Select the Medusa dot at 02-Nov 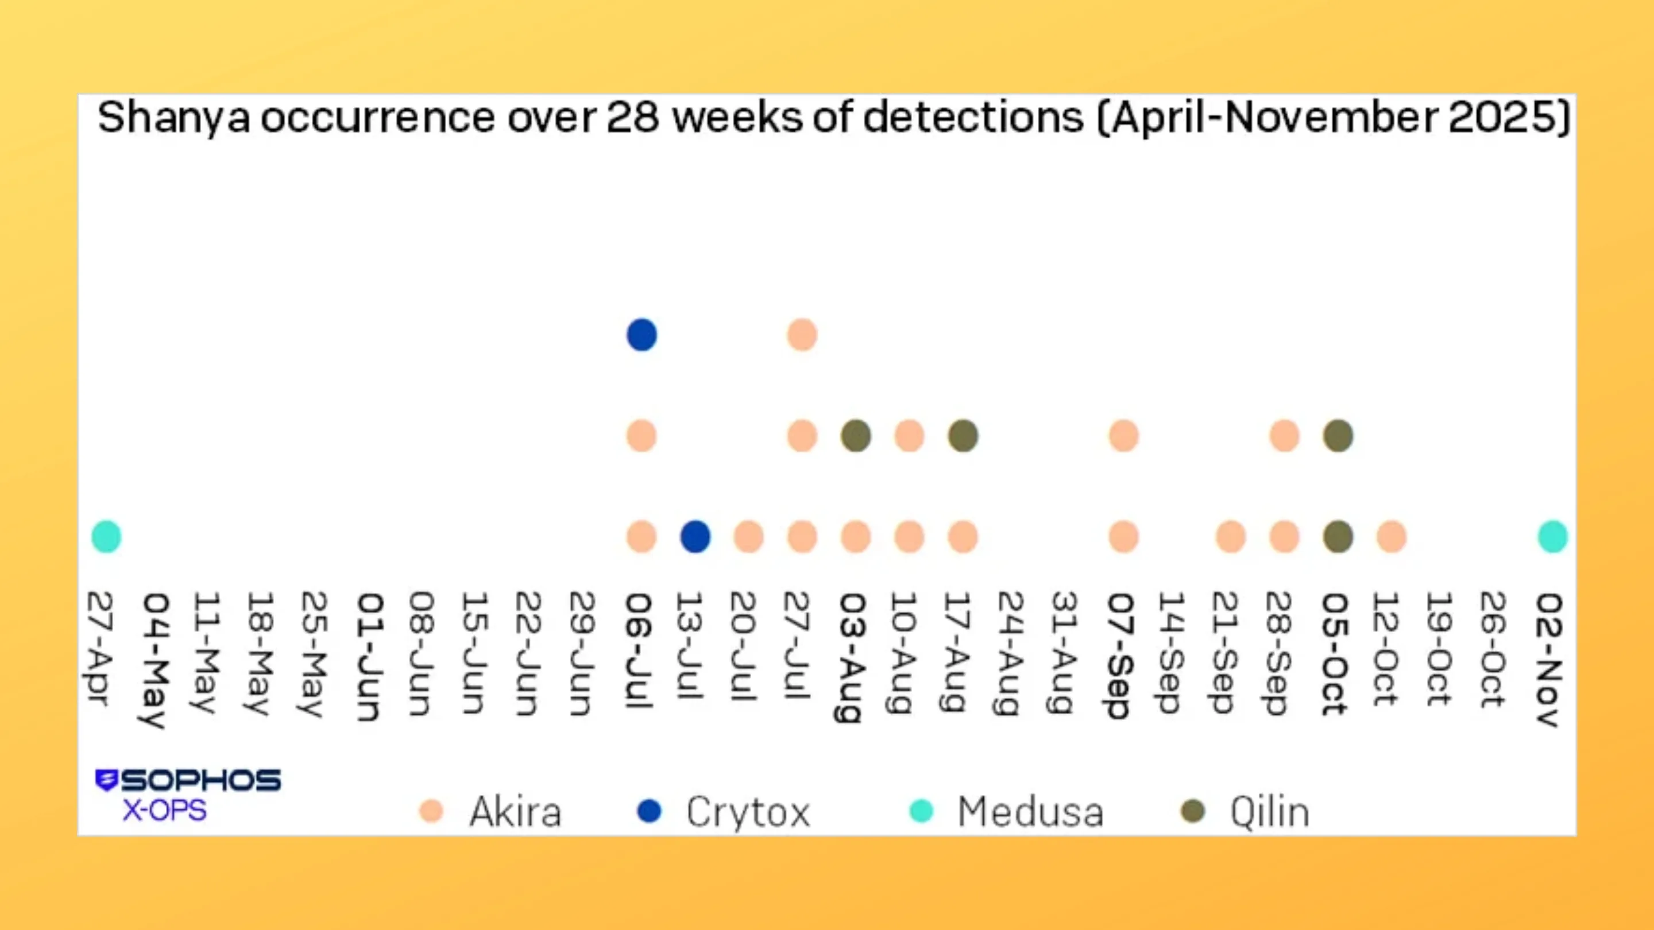1552,537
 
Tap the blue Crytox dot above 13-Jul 695,537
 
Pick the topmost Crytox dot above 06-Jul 641,335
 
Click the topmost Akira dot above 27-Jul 802,335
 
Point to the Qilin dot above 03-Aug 856,436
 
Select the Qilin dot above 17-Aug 963,436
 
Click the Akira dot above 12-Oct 1392,537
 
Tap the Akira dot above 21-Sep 1231,537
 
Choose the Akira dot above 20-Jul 749,537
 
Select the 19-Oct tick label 1438,649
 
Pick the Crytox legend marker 649,811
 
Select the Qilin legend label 1269,812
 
